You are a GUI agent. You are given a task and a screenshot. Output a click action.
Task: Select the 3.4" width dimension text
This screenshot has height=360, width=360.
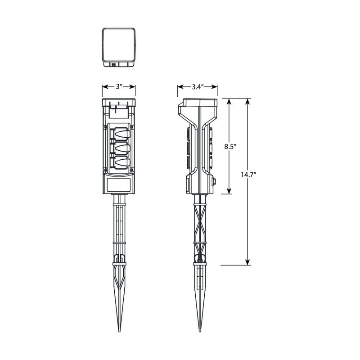click(197, 87)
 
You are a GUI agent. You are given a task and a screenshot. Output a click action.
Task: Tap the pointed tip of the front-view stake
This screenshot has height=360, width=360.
click(119, 333)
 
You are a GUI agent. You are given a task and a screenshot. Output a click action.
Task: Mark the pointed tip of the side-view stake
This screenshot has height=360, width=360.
click(199, 333)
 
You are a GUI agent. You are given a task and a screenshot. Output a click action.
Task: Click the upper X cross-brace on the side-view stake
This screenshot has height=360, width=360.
click(199, 214)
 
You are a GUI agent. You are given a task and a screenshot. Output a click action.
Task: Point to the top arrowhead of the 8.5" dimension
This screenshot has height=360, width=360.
click(229, 102)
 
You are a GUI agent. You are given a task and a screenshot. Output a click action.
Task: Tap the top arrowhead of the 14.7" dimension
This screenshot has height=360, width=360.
click(247, 102)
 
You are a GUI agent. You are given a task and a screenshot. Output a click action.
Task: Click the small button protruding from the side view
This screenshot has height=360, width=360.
click(214, 182)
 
